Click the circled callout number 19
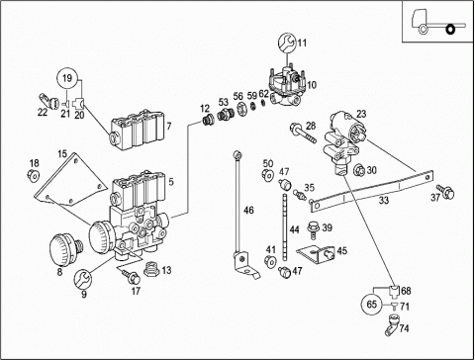[67, 78]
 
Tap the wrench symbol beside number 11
[287, 43]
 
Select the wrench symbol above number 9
[82, 278]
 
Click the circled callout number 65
[372, 304]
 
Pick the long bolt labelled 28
[303, 134]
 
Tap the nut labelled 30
[359, 171]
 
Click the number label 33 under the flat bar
[384, 200]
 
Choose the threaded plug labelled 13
[152, 270]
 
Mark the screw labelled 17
[132, 276]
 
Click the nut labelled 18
[34, 175]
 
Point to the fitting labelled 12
[208, 121]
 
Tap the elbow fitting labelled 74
[392, 325]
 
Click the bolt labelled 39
[312, 229]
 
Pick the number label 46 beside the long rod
[248, 210]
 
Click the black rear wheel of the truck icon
[450, 30]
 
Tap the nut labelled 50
[267, 175]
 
